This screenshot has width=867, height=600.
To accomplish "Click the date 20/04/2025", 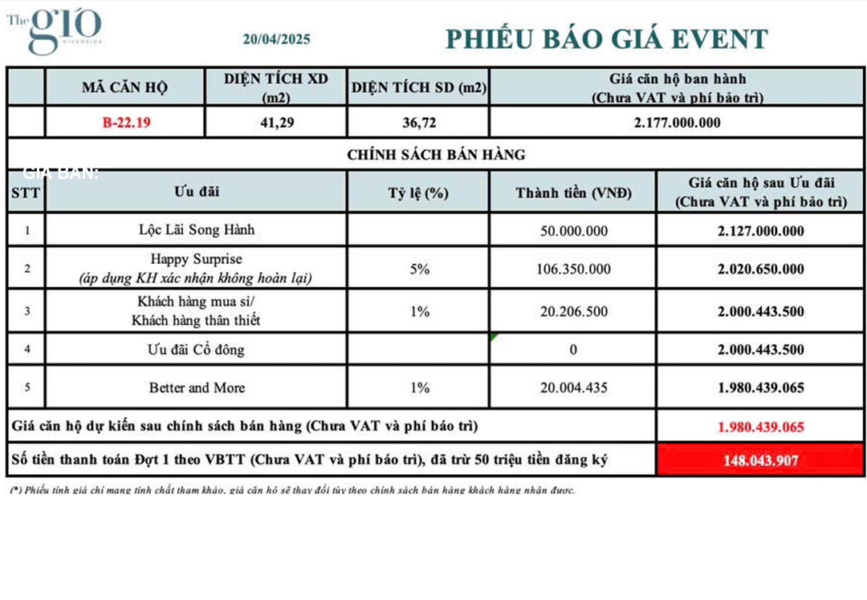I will pos(276,39).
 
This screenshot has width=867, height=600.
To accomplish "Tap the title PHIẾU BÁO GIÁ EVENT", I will pos(606,39).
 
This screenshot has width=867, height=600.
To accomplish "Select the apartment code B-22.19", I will pos(126,123).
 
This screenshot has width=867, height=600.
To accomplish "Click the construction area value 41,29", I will pos(276,123).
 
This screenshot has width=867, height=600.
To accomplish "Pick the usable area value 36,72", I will pos(418,123).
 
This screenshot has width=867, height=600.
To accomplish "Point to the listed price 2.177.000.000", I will pos(677,123).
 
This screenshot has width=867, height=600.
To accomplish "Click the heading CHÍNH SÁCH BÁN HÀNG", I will pos(436,155).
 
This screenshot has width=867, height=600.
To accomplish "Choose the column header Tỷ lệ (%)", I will pos(418,193).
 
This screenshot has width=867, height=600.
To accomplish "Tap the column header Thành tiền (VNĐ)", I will pos(573,193).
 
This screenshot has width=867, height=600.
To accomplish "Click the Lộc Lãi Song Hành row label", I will pos(197,230).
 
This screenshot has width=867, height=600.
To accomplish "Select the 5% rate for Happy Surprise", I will pos(419,269).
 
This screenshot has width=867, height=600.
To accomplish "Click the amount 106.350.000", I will pos(573,269).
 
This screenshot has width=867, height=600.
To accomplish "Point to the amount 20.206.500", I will pos(573,311).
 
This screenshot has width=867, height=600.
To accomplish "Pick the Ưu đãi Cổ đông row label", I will pos(197,349).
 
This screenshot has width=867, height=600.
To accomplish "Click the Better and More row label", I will pos(197,387).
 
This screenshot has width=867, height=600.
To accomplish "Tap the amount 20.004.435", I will pos(573,387).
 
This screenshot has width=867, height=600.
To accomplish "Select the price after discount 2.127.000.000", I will pos(760,230).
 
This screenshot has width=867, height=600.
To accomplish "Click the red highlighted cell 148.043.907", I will pos(760,460).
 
